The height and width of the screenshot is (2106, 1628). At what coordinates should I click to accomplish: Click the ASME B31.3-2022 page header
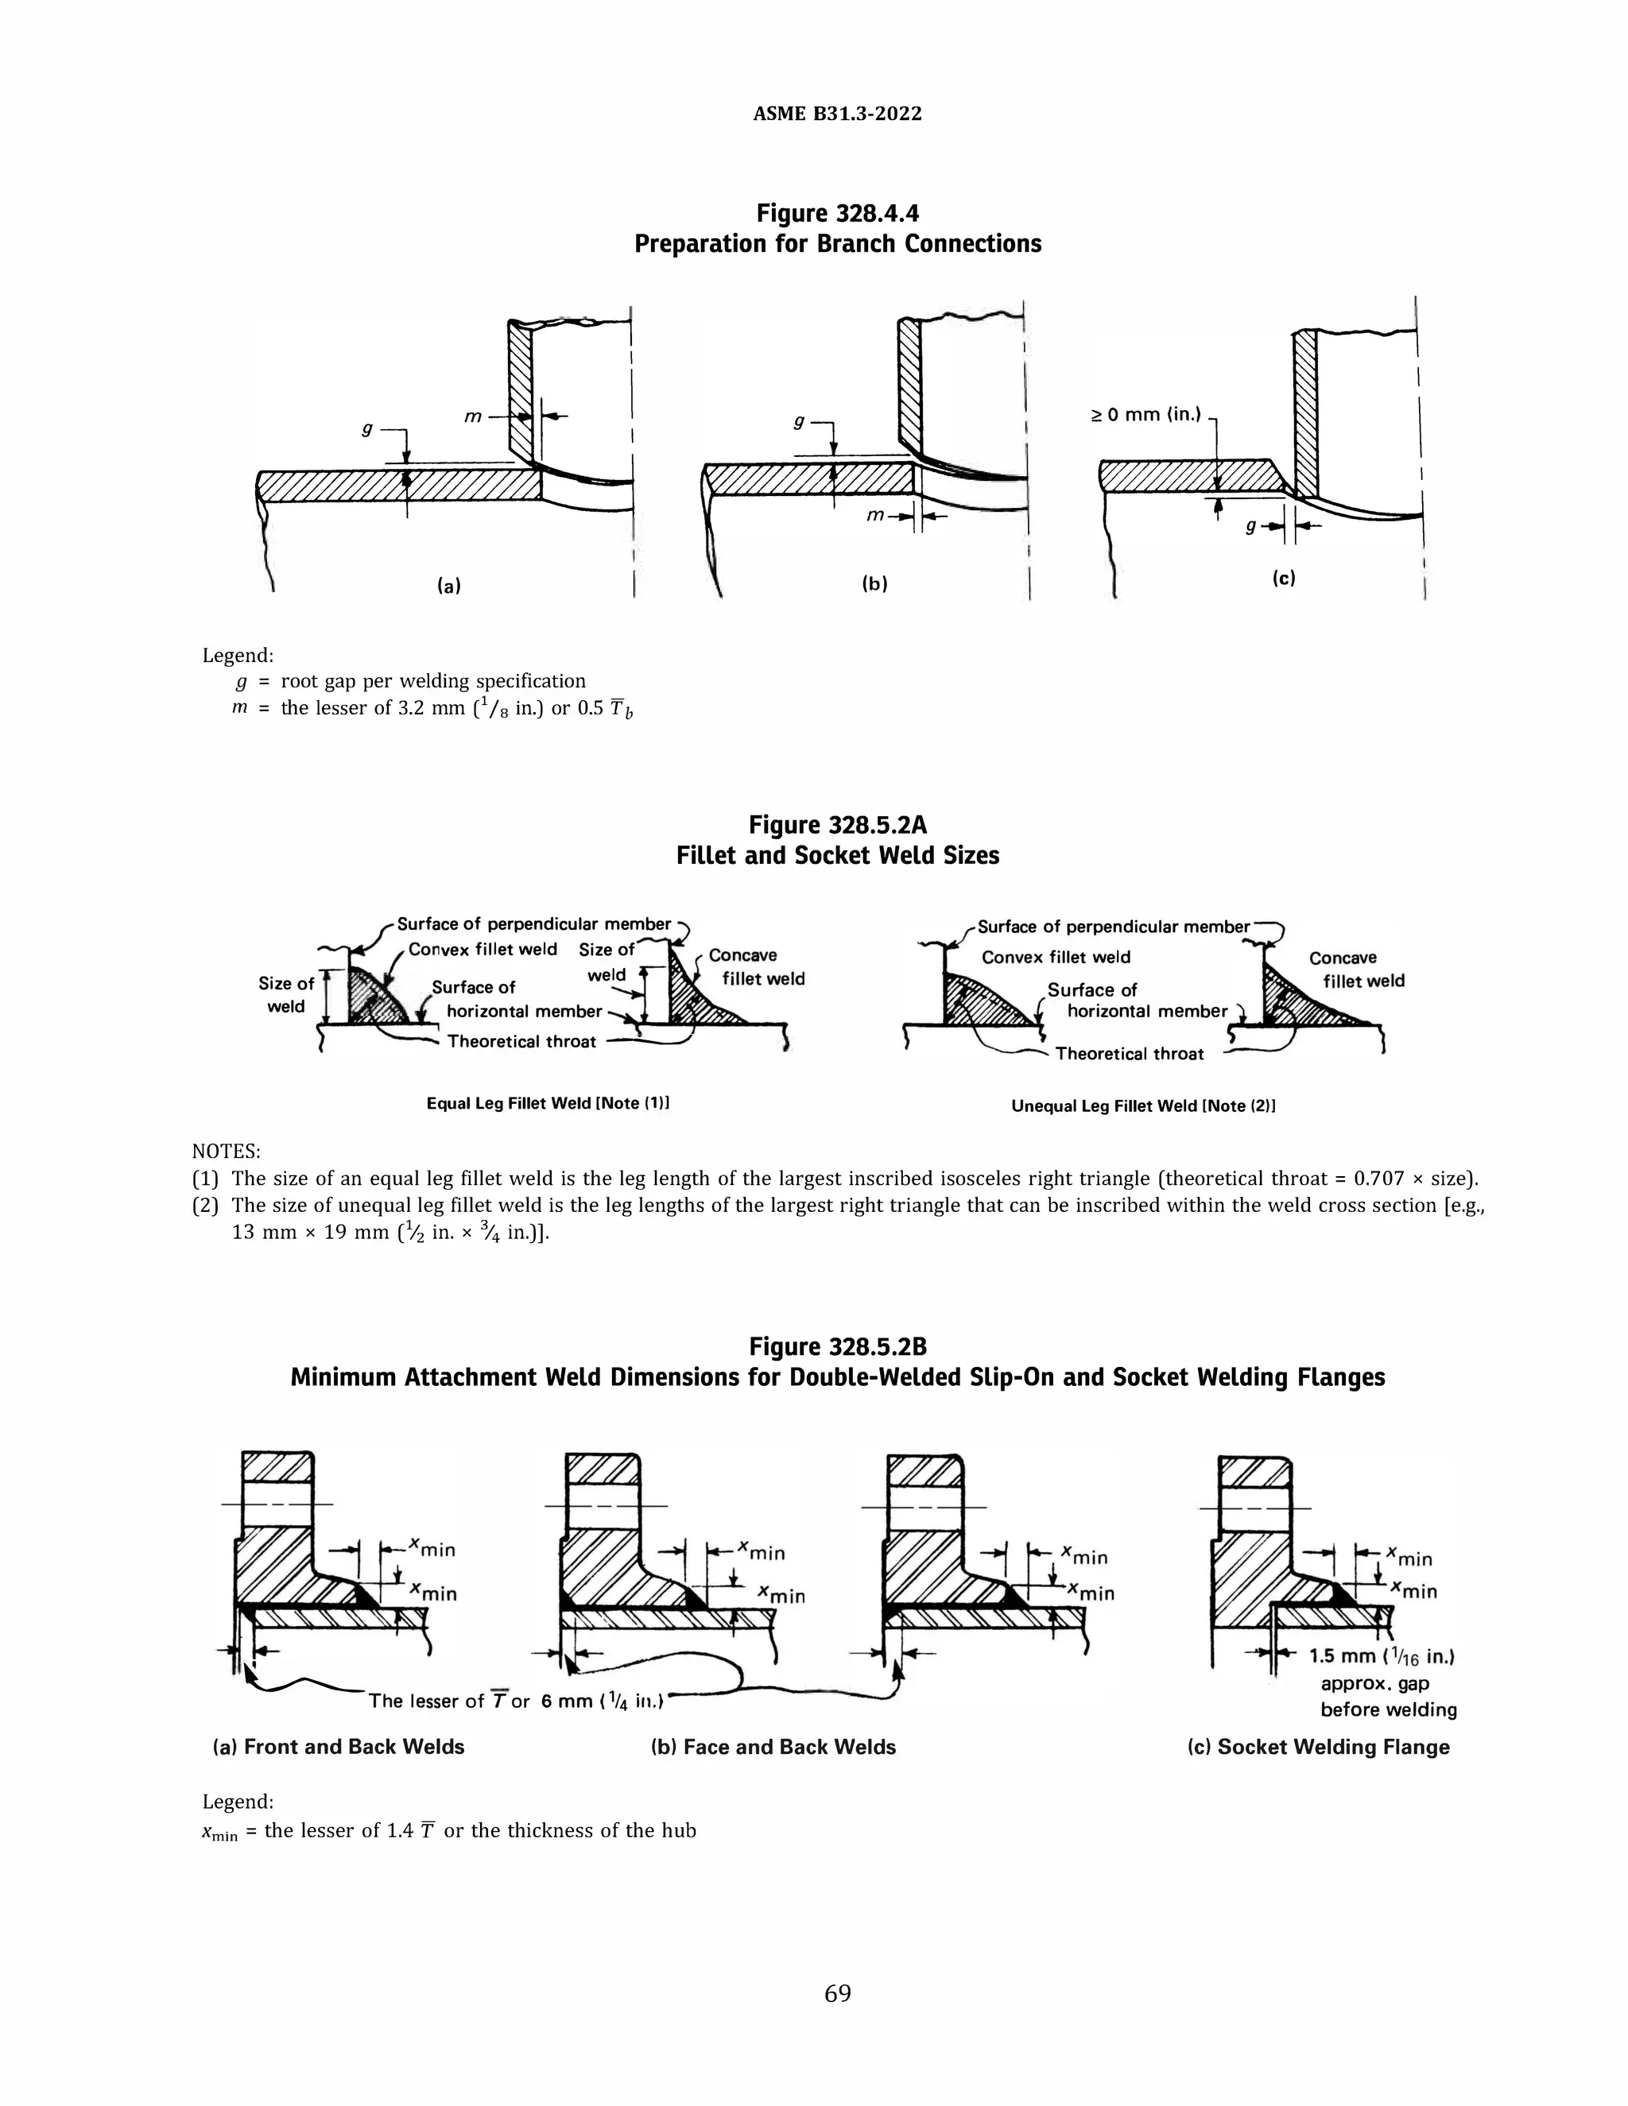(837, 114)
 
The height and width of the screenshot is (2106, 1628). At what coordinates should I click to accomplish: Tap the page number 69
(837, 1993)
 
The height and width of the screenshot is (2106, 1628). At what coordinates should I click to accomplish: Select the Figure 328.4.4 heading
(837, 212)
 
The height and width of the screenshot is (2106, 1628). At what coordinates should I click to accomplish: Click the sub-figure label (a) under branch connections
(449, 584)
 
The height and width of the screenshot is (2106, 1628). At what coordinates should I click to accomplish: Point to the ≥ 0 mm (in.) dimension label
(1145, 416)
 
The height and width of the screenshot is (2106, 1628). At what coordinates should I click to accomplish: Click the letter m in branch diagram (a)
(473, 416)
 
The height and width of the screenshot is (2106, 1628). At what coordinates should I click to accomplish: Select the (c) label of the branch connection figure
(1283, 578)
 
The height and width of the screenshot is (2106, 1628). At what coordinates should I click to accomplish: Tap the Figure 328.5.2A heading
(837, 824)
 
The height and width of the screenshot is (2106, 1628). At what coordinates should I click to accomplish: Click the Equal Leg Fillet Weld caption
(548, 1103)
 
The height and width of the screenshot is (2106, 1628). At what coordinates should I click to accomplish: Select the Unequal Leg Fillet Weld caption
(1144, 1106)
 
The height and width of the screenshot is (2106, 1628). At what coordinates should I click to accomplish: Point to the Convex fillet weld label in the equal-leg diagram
(483, 949)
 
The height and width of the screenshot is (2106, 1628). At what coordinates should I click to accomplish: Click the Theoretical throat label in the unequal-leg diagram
(1130, 1053)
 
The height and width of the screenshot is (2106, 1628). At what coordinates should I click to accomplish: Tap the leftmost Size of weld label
(285, 994)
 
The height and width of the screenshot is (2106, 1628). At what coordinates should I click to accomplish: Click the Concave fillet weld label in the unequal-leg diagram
(1356, 969)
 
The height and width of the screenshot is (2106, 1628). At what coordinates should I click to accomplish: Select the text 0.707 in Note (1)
(1381, 1179)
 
